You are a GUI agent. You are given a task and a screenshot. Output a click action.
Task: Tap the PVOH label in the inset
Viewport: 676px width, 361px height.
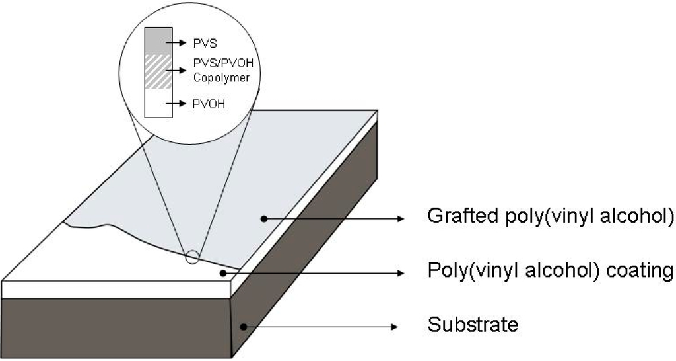coord(209,104)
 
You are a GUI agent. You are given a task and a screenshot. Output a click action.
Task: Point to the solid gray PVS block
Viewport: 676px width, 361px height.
coord(158,40)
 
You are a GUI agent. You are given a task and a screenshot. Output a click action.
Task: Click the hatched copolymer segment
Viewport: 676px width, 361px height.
coord(158,71)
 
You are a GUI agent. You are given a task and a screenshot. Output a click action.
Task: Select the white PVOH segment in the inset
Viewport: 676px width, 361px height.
coord(158,103)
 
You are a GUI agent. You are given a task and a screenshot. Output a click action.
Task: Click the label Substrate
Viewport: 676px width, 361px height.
coord(472,325)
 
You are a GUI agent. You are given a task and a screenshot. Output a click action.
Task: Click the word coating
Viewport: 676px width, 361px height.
coord(638,271)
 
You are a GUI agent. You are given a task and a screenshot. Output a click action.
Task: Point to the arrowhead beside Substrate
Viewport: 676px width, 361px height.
coord(397,326)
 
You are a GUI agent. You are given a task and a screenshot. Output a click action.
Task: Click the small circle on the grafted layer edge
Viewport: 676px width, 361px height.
coord(192,257)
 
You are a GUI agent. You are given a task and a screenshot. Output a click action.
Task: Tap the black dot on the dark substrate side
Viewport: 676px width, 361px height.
coord(244,325)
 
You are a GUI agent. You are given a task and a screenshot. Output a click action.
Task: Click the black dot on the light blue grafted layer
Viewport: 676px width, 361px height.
coord(263,217)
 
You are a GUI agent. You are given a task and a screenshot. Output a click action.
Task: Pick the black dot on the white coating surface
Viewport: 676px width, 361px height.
coord(220,271)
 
